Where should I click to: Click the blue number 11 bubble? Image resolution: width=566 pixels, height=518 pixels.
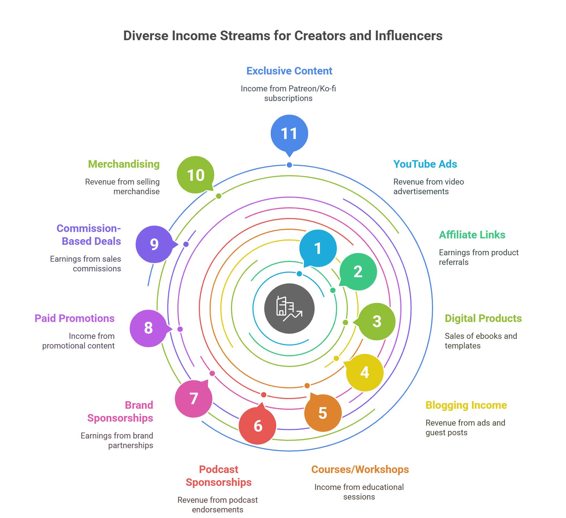[289, 133]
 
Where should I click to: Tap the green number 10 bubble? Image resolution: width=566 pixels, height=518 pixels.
[195, 175]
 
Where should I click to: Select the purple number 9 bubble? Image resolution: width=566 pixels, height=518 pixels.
[154, 244]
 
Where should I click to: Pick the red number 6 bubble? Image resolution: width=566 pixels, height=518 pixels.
[258, 426]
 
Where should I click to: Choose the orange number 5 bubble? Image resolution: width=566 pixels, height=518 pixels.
[323, 413]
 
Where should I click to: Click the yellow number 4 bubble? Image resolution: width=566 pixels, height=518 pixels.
[364, 372]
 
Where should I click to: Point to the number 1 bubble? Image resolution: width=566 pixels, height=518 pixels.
[318, 248]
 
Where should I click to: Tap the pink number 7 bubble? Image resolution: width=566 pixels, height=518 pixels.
[193, 399]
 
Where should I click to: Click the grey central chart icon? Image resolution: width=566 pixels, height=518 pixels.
[289, 308]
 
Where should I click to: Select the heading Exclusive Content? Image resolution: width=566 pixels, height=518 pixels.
[289, 71]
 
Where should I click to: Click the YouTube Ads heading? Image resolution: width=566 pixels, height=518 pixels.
[425, 164]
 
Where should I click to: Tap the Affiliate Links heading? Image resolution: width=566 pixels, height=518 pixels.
[472, 235]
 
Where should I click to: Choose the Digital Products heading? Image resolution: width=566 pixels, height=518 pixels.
[483, 318]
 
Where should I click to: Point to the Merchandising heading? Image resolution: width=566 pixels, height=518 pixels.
[124, 164]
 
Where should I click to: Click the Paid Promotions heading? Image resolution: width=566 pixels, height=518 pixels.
[75, 318]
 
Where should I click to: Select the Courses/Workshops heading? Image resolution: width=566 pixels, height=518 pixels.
[360, 470]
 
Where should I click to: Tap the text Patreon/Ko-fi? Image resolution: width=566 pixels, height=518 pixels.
[312, 89]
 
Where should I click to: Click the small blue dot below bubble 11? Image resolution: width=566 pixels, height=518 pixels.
[289, 165]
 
